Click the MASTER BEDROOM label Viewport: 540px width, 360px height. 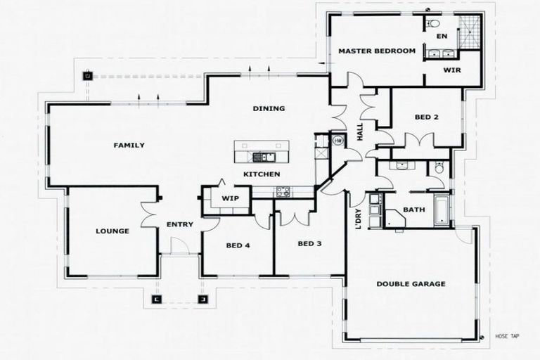pos(376,51)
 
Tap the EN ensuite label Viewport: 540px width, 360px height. pos(441,36)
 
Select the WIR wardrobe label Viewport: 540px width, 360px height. pos(451,70)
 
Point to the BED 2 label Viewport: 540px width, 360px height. pos(426,117)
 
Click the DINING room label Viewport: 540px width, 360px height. pos(269,109)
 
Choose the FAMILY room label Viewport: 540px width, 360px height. pos(129,146)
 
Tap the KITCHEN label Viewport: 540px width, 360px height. pos(262,174)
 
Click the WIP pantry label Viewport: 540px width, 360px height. pos(231,198)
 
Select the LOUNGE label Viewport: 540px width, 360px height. pos(112,231)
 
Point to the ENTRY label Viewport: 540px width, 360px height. pos(180,225)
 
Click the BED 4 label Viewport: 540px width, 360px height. pos(238,246)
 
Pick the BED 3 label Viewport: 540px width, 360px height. pos(309,244)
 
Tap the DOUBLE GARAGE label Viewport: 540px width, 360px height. pos(411,284)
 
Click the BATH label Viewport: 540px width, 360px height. pos(413,210)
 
